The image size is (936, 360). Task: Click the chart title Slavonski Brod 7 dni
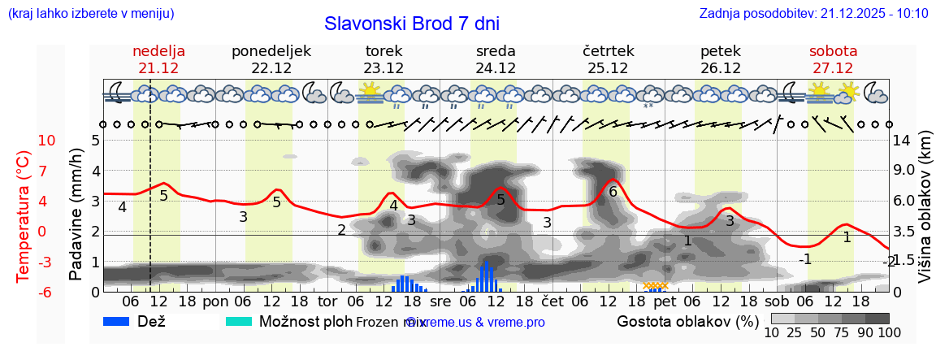pyautogui.click(x=412, y=24)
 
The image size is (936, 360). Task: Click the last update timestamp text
pyautogui.click(x=813, y=14)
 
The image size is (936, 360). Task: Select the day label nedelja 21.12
pyautogui.click(x=159, y=59)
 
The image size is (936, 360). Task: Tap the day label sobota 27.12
pyautogui.click(x=833, y=59)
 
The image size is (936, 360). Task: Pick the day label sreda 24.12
pyautogui.click(x=496, y=59)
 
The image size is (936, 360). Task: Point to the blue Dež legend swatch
pyautogui.click(x=123, y=322)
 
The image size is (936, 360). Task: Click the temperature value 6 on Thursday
pyautogui.click(x=613, y=192)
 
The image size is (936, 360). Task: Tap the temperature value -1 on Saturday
pyautogui.click(x=804, y=259)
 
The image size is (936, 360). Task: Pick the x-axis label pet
pyautogui.click(x=665, y=301)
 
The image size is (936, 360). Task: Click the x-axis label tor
pyautogui.click(x=327, y=301)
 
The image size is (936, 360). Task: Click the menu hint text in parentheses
pyautogui.click(x=90, y=14)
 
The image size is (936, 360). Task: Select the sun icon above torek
pyautogui.click(x=370, y=92)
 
